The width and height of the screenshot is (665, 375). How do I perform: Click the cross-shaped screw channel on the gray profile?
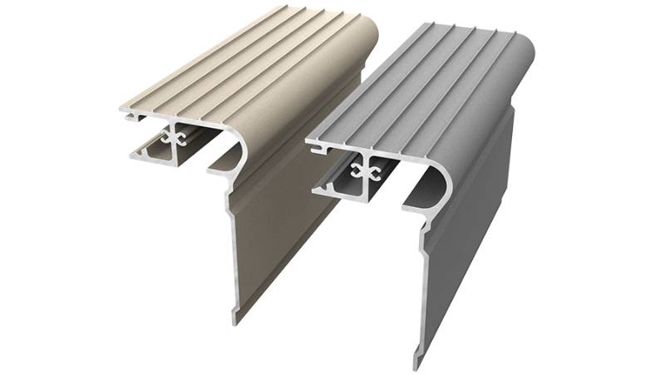367,170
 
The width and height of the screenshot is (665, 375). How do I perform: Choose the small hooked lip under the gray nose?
412,203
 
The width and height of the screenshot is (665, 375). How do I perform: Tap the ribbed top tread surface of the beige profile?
241,67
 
